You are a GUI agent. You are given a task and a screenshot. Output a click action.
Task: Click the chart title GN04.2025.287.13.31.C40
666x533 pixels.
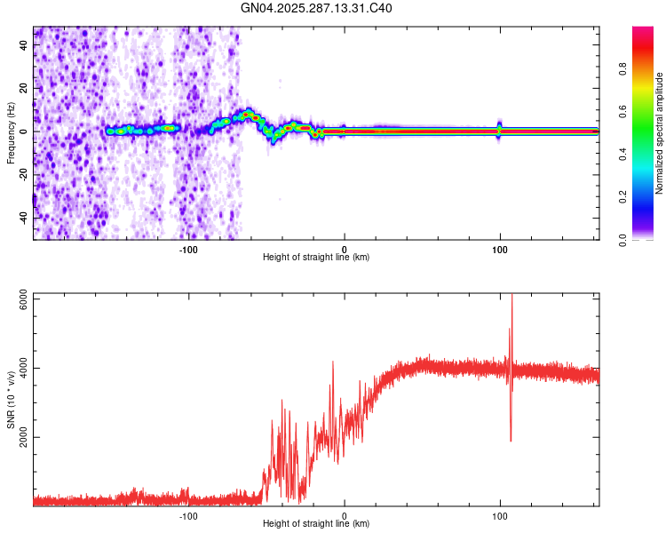point(316,9)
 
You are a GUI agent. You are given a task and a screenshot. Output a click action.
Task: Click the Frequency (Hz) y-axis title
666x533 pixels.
point(11,133)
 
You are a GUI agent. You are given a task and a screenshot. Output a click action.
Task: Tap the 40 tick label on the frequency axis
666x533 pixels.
point(24,46)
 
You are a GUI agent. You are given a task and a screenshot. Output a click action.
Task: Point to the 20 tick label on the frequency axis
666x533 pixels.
point(24,89)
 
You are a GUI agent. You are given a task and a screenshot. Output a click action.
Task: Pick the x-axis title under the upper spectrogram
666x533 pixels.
point(316,258)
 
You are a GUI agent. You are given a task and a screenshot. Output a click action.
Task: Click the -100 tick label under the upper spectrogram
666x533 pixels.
point(188,250)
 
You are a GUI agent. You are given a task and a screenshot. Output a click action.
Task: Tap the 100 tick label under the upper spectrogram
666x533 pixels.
point(500,250)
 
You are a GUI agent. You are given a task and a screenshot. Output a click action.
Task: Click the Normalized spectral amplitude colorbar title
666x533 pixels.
point(660,133)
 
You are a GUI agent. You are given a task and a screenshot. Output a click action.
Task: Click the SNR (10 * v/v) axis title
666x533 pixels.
point(11,399)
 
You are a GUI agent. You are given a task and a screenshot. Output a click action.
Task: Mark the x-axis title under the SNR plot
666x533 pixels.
point(316,524)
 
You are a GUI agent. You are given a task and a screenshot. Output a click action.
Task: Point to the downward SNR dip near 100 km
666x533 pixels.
point(511,439)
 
